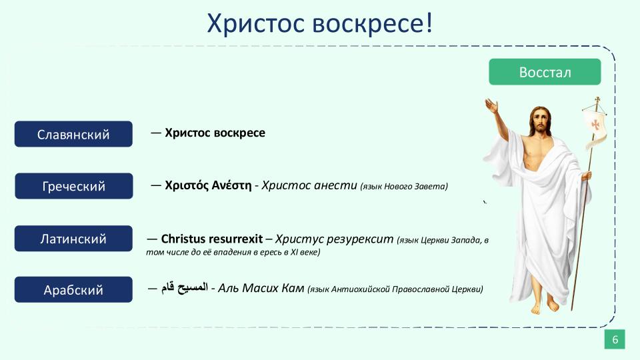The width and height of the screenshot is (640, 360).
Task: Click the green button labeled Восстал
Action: pyautogui.click(x=545, y=72)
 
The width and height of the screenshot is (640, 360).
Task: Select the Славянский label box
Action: pyautogui.click(x=73, y=134)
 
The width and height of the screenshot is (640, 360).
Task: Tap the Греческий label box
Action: pyautogui.click(x=74, y=186)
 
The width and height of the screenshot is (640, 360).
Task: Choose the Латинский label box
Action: pyautogui.click(x=73, y=239)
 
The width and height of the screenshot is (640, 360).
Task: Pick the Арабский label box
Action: pyautogui.click(x=73, y=289)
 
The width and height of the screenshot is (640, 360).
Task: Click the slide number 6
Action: pyautogui.click(x=615, y=339)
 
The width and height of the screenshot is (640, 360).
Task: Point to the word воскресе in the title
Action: pyautogui.click(x=373, y=23)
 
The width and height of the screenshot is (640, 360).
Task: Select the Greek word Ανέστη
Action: pyautogui.click(x=231, y=185)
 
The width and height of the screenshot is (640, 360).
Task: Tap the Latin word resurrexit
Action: pyautogui.click(x=237, y=239)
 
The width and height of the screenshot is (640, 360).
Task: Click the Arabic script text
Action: pyautogui.click(x=185, y=288)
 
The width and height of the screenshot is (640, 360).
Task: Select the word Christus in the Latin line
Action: pyautogui.click(x=184, y=239)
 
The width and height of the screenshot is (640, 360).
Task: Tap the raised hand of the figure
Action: pyautogui.click(x=492, y=106)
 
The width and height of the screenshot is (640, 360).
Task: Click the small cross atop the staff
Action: pyautogui.click(x=597, y=100)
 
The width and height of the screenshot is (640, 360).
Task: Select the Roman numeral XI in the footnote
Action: pyautogui.click(x=294, y=252)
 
